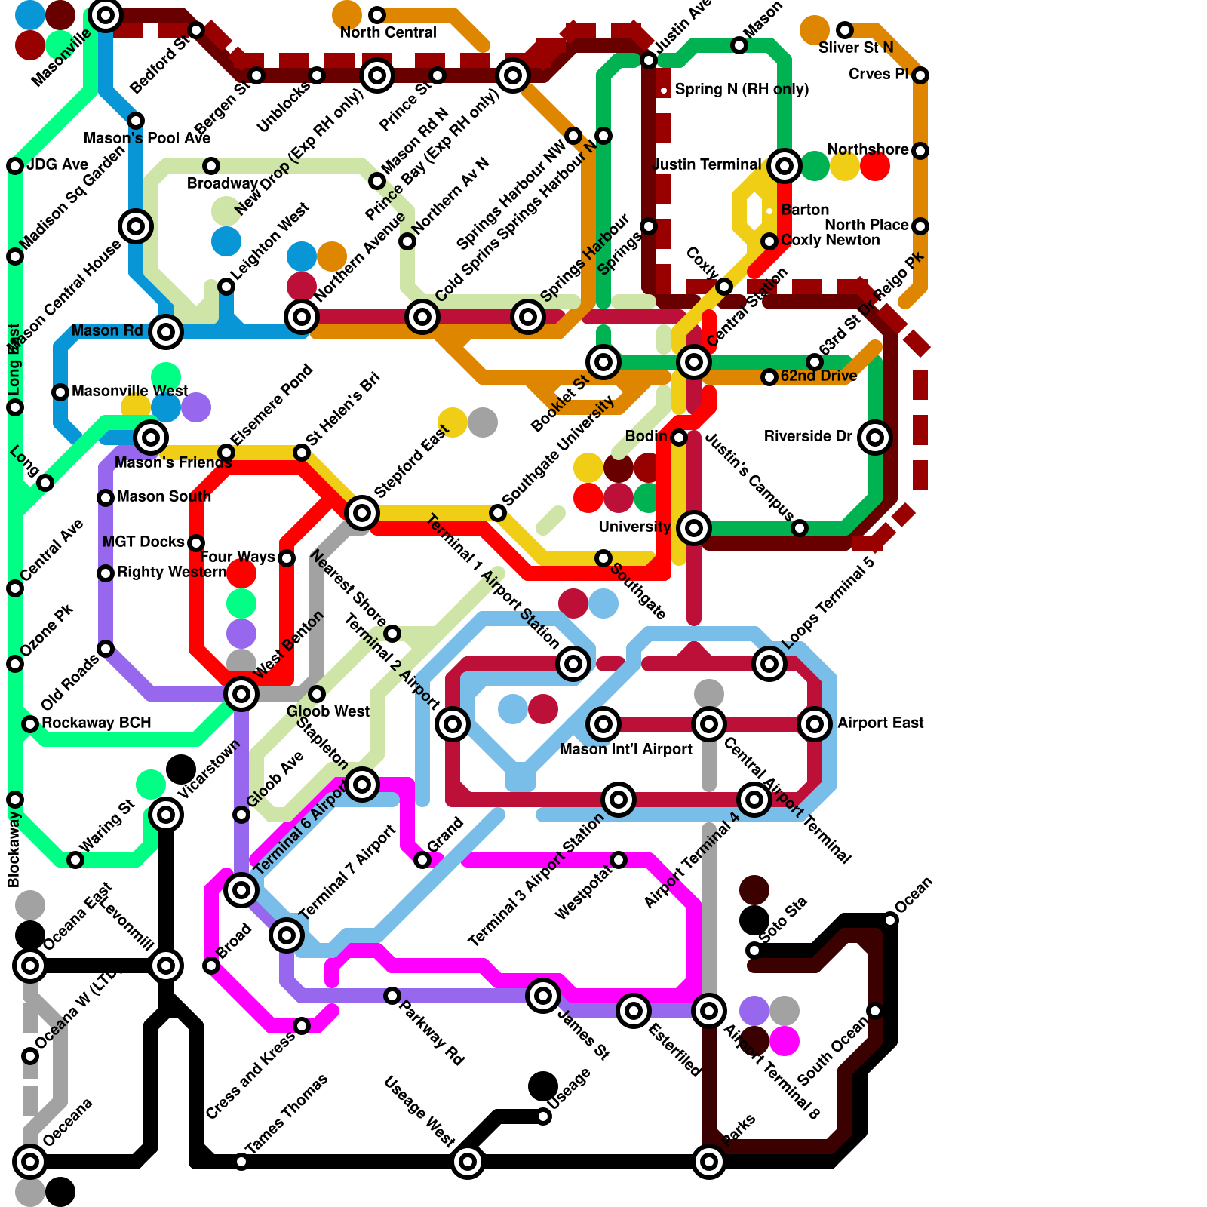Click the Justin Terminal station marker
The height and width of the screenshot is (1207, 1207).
[x=785, y=165]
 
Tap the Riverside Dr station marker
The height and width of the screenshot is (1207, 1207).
[x=875, y=437]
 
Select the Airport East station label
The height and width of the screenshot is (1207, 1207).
[x=880, y=723]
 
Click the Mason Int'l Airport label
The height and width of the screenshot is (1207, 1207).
[x=625, y=749]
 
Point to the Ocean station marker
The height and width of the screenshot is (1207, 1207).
[x=890, y=920]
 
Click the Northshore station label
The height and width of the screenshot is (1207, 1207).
[x=868, y=149]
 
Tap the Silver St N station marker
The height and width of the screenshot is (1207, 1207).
[x=845, y=30]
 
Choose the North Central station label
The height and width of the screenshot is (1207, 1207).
[x=388, y=32]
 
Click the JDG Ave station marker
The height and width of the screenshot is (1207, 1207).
[x=15, y=166]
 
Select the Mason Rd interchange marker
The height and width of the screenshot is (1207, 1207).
[x=166, y=331]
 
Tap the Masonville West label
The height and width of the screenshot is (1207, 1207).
[x=130, y=391]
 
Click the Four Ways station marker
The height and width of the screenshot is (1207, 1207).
[x=287, y=558]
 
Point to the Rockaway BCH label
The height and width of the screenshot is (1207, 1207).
[x=97, y=723]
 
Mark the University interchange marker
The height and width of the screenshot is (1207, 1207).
[x=694, y=527]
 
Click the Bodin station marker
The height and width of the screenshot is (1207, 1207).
[x=679, y=438]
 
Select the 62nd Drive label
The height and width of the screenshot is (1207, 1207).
[x=818, y=376]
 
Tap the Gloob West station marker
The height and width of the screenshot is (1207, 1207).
[x=317, y=694]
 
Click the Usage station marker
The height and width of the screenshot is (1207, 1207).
[x=543, y=1116]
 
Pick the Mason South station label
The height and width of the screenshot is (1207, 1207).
[x=164, y=496]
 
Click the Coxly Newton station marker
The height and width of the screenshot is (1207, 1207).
[x=769, y=241]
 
